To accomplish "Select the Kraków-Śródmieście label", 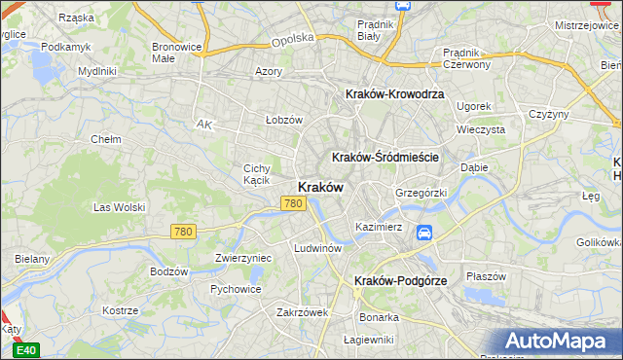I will click(x=386, y=157).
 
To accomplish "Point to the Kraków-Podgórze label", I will click(x=401, y=280).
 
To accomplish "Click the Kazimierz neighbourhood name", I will click(x=379, y=227).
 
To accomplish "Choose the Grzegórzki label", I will click(x=421, y=193).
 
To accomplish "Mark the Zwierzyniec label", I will click(x=242, y=259).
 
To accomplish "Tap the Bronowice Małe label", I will click(x=177, y=53).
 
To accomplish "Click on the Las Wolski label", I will click(x=119, y=207).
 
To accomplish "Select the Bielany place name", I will click(x=32, y=260).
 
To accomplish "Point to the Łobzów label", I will click(x=285, y=120).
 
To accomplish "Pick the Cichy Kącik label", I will click(x=256, y=174).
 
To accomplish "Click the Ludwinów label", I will click(x=317, y=248).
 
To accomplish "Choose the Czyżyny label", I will click(x=548, y=114).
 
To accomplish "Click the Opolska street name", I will click(x=293, y=39).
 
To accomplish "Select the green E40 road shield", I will click(x=27, y=350).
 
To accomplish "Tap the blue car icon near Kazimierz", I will click(x=424, y=233).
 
